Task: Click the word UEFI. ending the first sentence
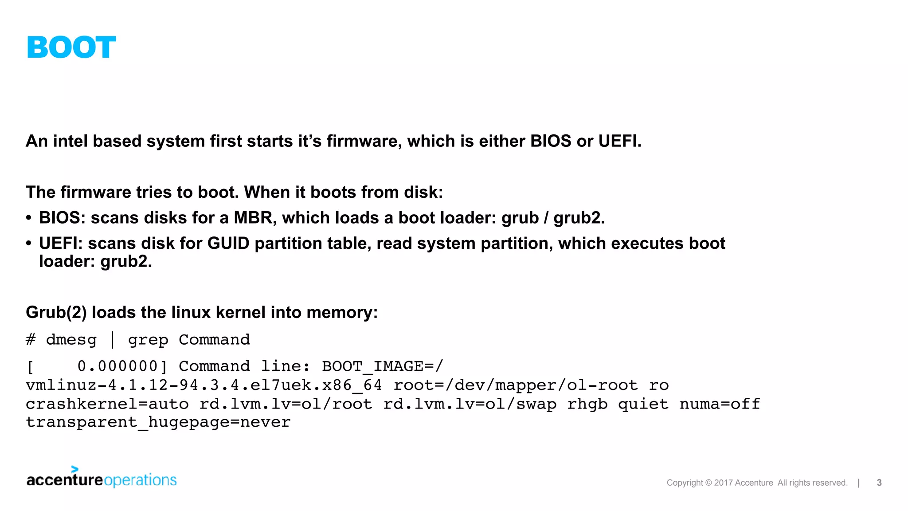(620, 141)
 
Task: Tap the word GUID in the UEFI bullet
(228, 244)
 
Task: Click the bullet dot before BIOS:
(29, 218)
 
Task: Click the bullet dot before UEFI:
(29, 244)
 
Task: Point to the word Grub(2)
(56, 313)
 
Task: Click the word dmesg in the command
(71, 340)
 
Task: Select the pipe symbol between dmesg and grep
(112, 340)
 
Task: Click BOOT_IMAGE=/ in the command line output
(382, 366)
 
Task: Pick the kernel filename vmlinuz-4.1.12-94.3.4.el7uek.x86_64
(204, 385)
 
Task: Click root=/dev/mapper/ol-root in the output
(515, 385)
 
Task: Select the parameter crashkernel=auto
(107, 404)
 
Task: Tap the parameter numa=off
(720, 404)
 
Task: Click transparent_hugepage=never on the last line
(158, 422)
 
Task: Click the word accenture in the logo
(65, 480)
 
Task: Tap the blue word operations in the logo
(140, 480)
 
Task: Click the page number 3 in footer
(879, 483)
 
